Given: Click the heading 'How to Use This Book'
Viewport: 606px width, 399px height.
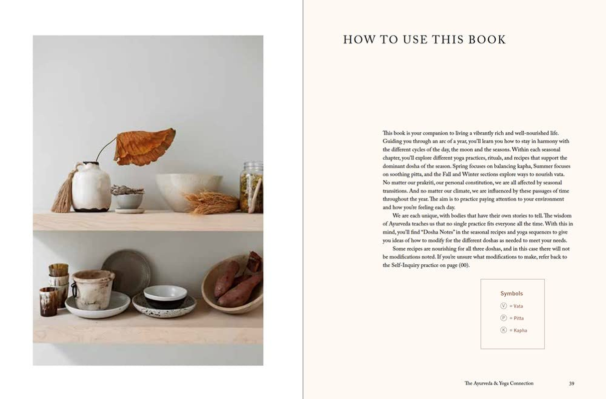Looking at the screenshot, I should pos(424,40).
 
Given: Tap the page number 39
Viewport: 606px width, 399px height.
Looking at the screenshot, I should pos(571,384).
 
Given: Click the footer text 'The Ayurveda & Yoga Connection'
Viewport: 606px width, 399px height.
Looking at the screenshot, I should pos(499,384).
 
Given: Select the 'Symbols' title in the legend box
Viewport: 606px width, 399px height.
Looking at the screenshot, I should pos(512,294).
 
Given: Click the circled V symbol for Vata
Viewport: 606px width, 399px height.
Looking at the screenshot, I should pos(503,306).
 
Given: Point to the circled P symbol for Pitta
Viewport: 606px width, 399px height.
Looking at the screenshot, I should pos(503,318).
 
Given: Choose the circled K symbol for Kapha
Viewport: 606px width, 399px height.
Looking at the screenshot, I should pos(503,330).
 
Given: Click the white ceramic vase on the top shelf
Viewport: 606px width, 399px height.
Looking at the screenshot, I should pos(91,187).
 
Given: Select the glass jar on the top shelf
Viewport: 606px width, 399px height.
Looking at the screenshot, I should pos(251,187).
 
